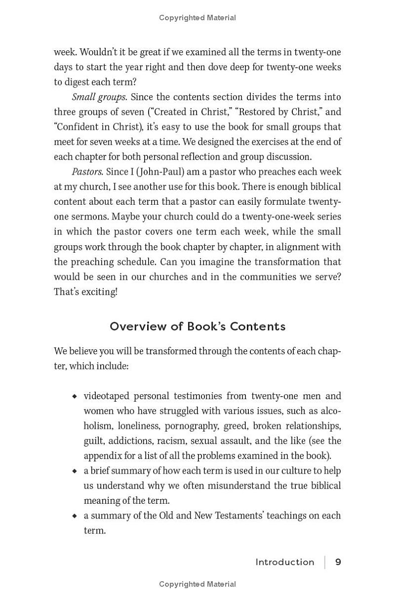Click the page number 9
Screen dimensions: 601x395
pos(338,562)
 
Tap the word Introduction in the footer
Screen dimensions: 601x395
pos(285,562)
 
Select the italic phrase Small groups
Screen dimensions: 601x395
pos(99,97)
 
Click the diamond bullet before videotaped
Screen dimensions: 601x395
pos(75,396)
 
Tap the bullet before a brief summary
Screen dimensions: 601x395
pos(75,471)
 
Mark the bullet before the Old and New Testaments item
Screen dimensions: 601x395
pos(75,516)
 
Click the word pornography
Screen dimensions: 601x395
pos(191,426)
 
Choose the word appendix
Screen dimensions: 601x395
pos(102,455)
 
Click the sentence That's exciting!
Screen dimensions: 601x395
pos(85,292)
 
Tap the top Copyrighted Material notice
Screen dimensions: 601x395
pos(197,18)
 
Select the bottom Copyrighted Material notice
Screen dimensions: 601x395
pos(197,584)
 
